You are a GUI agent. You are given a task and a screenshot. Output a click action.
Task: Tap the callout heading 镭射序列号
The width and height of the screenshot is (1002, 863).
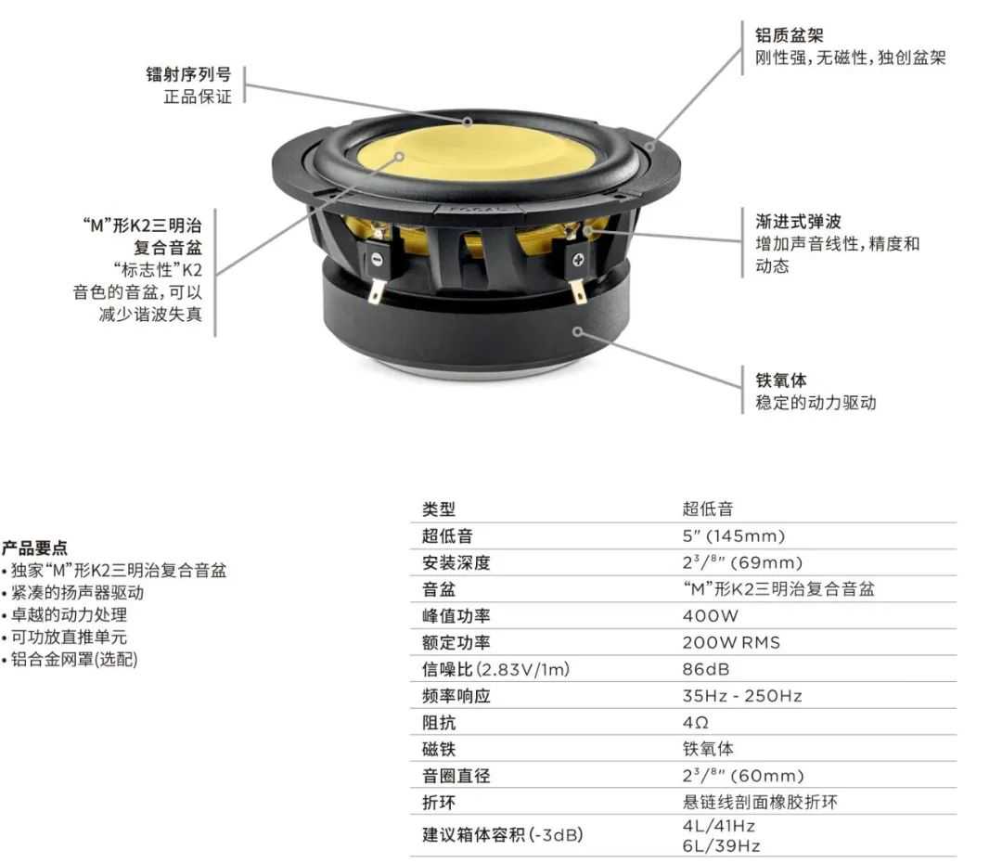click(x=188, y=74)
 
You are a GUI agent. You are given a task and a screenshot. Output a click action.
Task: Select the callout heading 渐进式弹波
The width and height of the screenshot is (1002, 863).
click(x=798, y=221)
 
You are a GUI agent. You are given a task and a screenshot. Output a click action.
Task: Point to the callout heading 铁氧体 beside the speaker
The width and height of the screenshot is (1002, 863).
click(x=781, y=380)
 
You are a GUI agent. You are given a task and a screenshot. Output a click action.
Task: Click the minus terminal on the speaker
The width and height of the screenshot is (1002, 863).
click(x=377, y=260)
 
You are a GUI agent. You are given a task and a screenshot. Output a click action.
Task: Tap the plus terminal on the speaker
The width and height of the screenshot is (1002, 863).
click(x=578, y=260)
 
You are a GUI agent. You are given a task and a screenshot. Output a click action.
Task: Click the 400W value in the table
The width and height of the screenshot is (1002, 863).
click(x=710, y=615)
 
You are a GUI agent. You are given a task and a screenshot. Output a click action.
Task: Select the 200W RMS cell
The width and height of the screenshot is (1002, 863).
click(x=731, y=642)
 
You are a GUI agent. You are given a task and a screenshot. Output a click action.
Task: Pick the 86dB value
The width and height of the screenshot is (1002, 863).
click(x=705, y=669)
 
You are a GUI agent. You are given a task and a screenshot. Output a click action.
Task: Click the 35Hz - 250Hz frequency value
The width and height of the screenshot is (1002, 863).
click(x=742, y=696)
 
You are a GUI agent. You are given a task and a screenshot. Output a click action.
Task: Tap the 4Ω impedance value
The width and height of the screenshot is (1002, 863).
click(x=695, y=722)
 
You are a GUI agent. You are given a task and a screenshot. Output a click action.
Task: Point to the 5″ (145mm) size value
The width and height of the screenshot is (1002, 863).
click(x=733, y=535)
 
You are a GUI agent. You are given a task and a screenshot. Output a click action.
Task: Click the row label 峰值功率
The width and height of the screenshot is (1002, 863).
click(x=456, y=615)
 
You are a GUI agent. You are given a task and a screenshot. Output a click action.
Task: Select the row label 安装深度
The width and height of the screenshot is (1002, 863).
click(x=456, y=562)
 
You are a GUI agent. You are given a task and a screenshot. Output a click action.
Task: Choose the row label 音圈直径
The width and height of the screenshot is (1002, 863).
click(x=456, y=776)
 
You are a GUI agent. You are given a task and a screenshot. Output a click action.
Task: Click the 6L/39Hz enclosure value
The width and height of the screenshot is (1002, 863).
click(x=721, y=845)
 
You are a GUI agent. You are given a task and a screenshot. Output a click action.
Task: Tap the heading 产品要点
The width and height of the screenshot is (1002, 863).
click(x=34, y=547)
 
